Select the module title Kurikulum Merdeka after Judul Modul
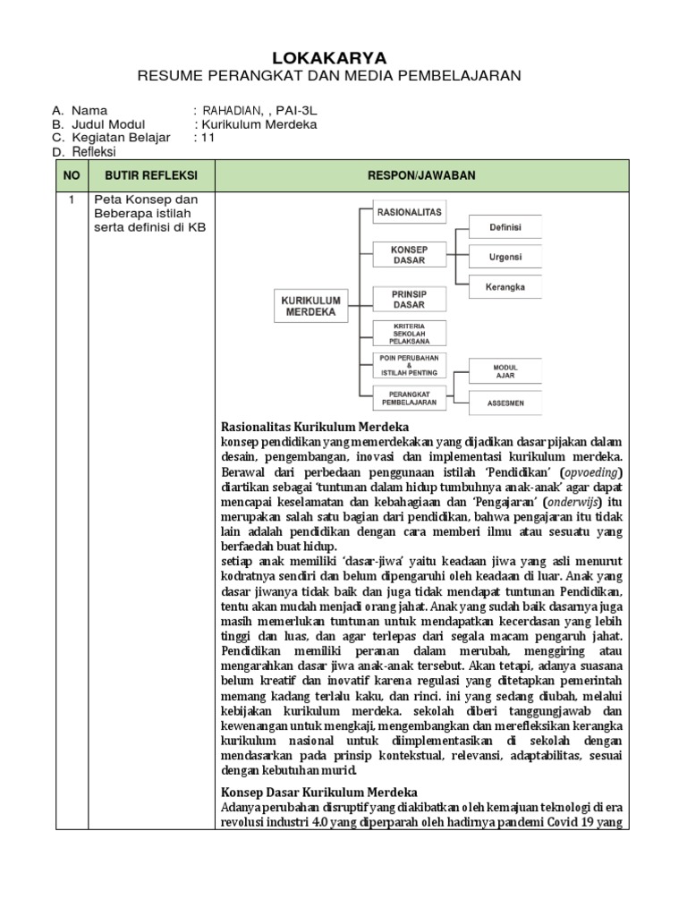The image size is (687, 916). (259, 124)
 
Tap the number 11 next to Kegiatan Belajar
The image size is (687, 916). (205, 138)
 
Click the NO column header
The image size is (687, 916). (71, 174)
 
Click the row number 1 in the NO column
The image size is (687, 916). (71, 199)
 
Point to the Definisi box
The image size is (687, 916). (505, 228)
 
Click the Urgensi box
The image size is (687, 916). (505, 258)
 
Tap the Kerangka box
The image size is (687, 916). (505, 287)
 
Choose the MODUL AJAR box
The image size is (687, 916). (505, 371)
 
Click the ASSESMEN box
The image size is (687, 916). (505, 403)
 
